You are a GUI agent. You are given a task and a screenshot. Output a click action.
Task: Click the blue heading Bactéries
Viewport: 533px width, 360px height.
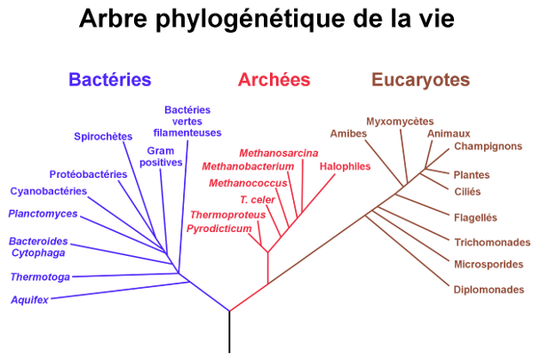(x=110, y=80)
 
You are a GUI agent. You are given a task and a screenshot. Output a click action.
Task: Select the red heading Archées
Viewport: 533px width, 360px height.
(x=274, y=80)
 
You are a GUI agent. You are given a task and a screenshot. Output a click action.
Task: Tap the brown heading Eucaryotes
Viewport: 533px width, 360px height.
(x=421, y=80)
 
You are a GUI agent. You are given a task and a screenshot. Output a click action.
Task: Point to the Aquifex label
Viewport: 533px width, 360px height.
(x=29, y=300)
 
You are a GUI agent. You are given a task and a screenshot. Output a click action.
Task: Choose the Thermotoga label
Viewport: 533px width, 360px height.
(x=40, y=277)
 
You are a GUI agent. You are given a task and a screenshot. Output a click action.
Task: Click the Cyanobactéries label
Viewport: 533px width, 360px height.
(x=49, y=191)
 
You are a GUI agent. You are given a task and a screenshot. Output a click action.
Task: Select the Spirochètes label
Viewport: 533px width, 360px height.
(x=103, y=137)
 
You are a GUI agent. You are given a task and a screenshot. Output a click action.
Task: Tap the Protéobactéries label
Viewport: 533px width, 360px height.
(x=88, y=174)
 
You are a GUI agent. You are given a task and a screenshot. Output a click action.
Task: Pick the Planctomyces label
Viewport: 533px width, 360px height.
(x=43, y=213)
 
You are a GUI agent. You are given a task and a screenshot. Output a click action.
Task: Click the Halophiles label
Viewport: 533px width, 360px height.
(x=345, y=166)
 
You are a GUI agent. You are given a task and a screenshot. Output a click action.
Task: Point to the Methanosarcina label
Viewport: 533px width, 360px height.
(x=279, y=153)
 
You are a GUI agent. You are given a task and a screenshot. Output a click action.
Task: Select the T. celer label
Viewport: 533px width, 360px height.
(x=258, y=200)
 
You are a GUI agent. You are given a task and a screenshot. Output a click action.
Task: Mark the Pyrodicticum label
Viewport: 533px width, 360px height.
(x=219, y=228)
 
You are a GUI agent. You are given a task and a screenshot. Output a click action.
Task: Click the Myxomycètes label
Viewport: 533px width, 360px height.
(x=400, y=122)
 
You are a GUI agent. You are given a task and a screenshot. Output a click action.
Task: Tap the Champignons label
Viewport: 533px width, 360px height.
(x=488, y=147)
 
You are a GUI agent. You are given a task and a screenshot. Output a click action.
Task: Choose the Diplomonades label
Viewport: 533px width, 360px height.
(x=489, y=290)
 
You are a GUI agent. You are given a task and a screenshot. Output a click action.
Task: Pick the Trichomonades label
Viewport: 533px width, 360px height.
(x=492, y=243)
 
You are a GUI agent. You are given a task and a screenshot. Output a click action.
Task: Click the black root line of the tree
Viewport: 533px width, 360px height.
(x=229, y=332)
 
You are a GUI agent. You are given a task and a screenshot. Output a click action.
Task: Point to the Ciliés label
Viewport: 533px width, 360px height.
(x=467, y=192)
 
